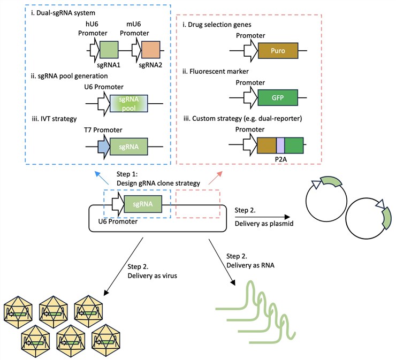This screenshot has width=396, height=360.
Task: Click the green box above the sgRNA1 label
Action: click(x=109, y=51)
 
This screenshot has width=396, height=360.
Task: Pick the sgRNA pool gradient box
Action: click(x=128, y=99)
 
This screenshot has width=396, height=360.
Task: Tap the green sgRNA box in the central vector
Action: click(x=141, y=204)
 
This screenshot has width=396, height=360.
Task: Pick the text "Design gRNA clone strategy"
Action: click(x=159, y=183)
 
